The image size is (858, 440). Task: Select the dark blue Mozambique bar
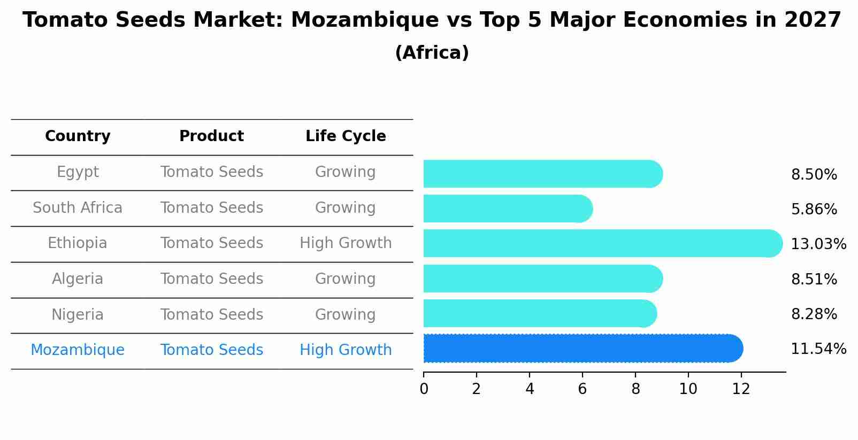click(583, 349)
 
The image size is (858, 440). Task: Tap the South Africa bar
click(508, 209)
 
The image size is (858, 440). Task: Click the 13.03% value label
click(818, 244)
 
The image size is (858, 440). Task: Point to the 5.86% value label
click(814, 210)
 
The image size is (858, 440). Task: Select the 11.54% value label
click(818, 349)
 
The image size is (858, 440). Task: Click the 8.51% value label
click(814, 280)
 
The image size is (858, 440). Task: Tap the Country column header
click(78, 136)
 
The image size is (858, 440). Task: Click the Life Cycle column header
click(346, 136)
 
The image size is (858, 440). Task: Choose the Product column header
click(211, 136)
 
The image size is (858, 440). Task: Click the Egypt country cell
click(78, 172)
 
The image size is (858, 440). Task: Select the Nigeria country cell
click(78, 315)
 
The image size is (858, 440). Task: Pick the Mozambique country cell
click(78, 350)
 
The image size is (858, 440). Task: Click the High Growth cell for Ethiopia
click(346, 243)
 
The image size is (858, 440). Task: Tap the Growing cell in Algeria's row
click(346, 279)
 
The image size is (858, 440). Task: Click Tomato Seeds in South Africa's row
click(211, 208)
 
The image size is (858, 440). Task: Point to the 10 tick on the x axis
click(688, 389)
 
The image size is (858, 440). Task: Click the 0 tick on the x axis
click(424, 389)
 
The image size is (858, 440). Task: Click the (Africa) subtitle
click(432, 53)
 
